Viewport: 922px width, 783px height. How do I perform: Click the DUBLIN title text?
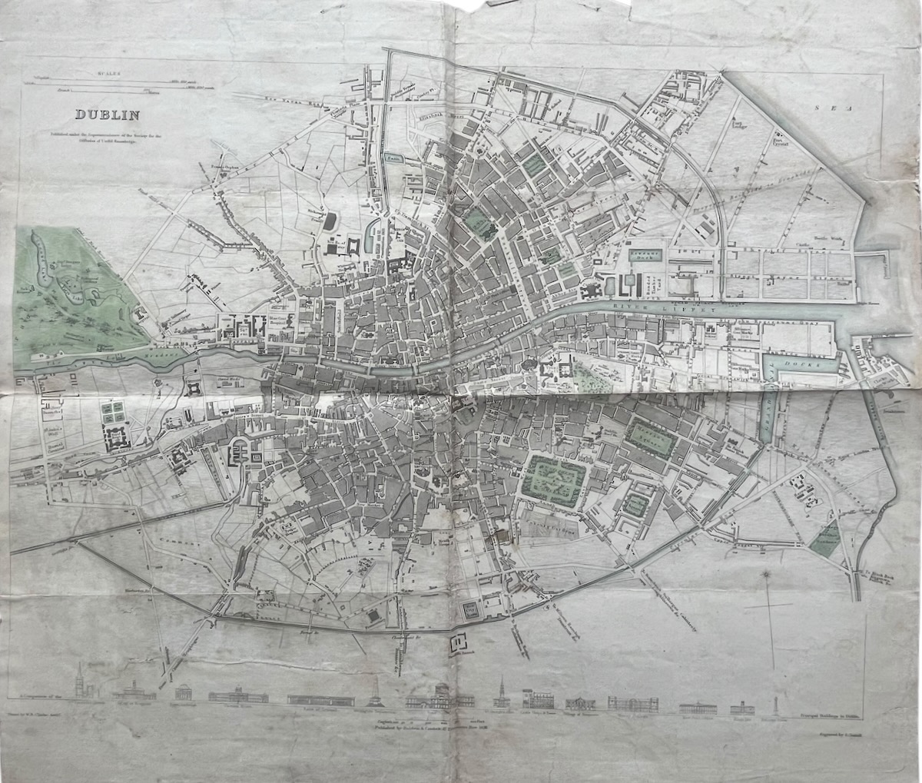(106, 116)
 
